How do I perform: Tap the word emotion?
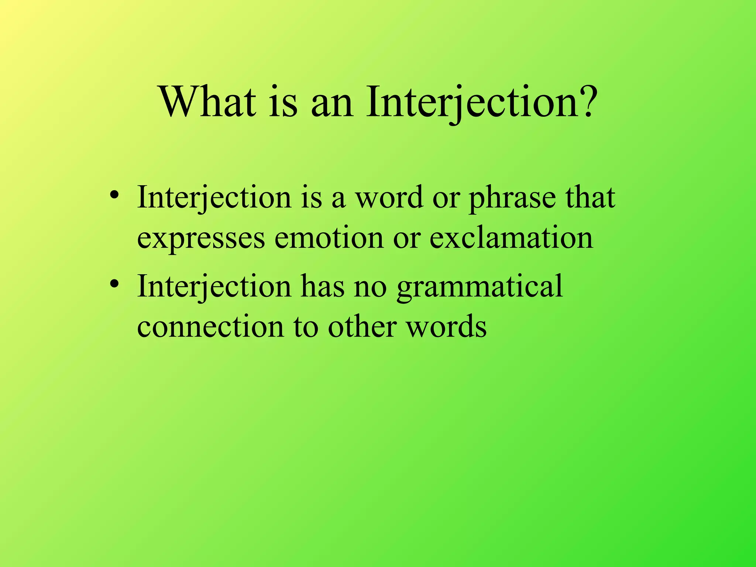click(329, 238)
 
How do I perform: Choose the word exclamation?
click(511, 238)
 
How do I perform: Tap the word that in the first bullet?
click(591, 197)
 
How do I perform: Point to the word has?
click(323, 286)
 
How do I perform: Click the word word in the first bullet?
click(389, 197)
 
